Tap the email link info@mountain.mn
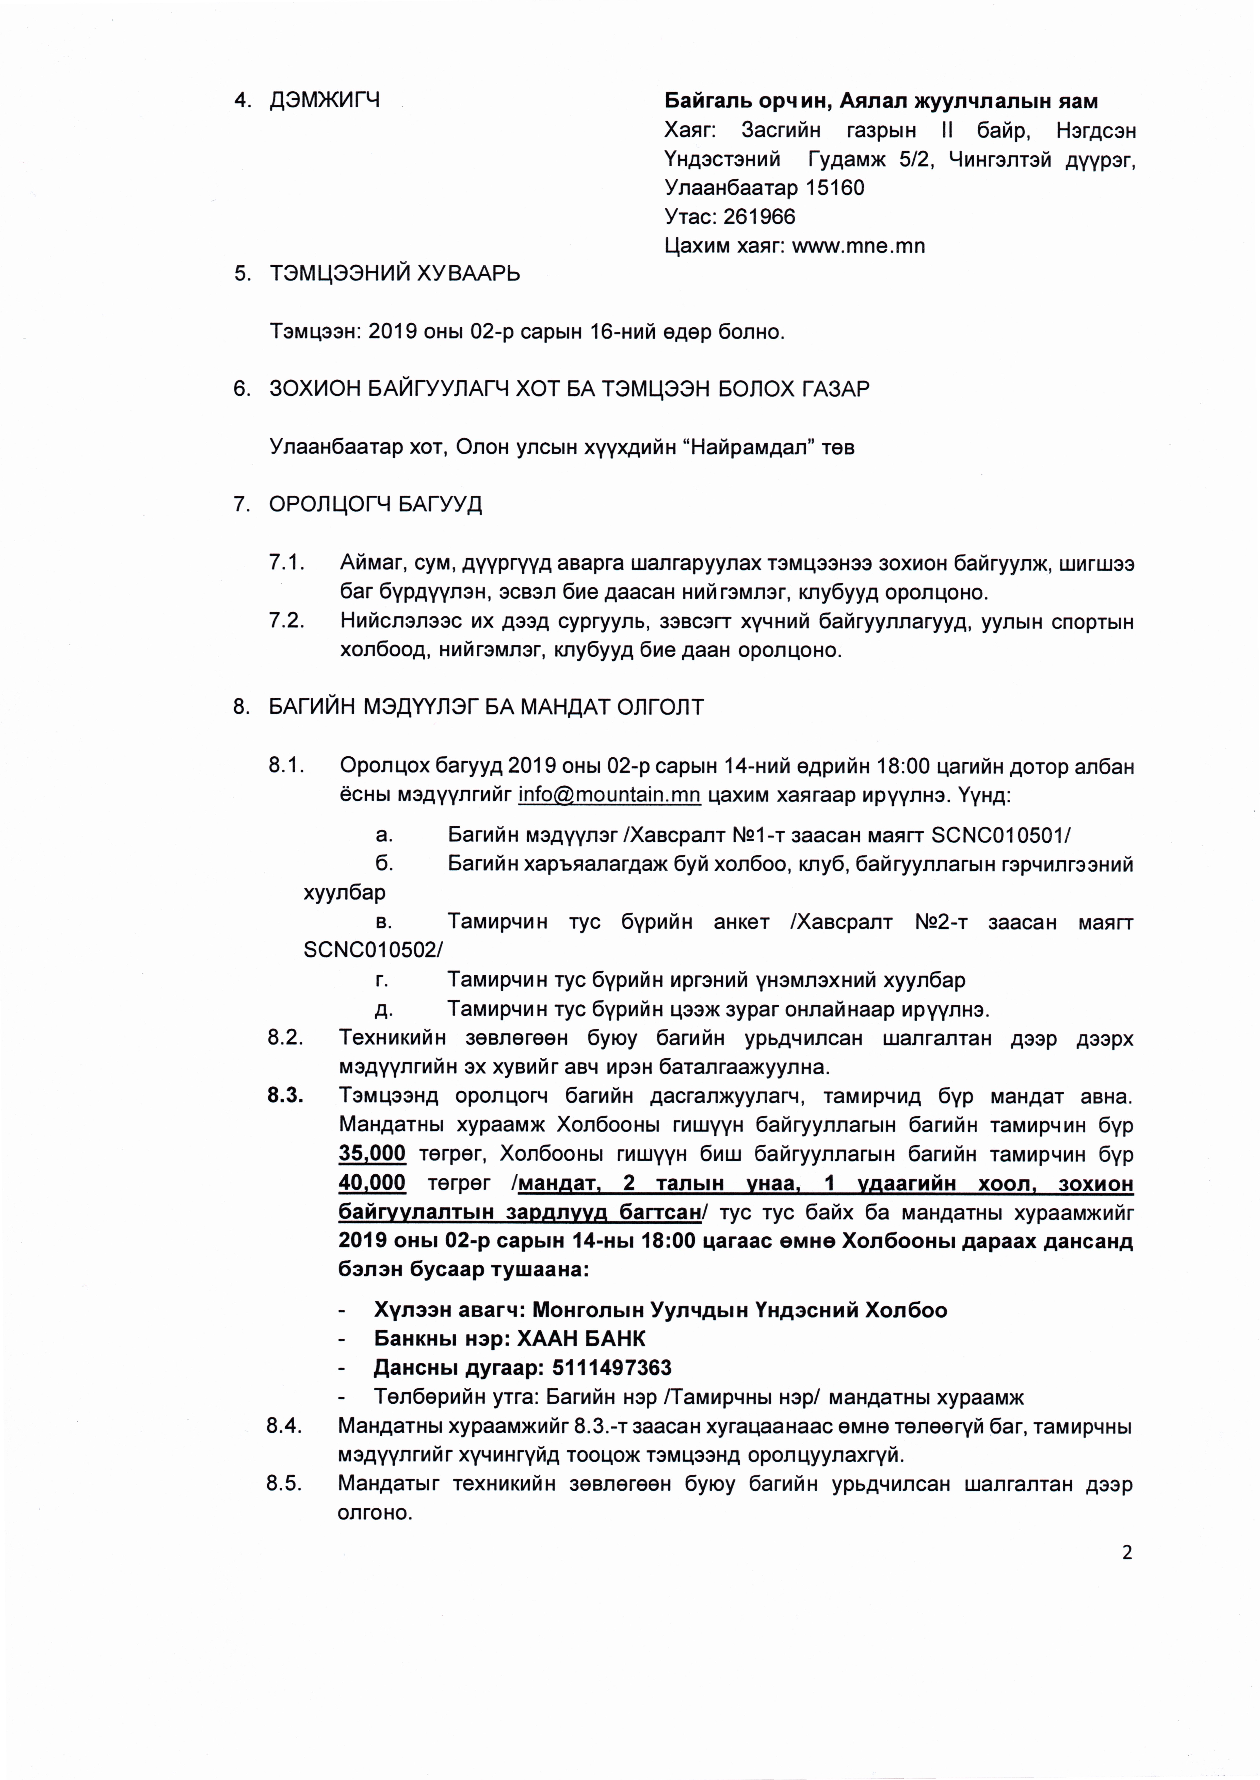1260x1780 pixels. coord(609,795)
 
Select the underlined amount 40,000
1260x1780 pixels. coord(372,1183)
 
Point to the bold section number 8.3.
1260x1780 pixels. coord(285,1096)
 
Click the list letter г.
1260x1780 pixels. coord(381,979)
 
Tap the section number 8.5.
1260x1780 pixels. coord(283,1484)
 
